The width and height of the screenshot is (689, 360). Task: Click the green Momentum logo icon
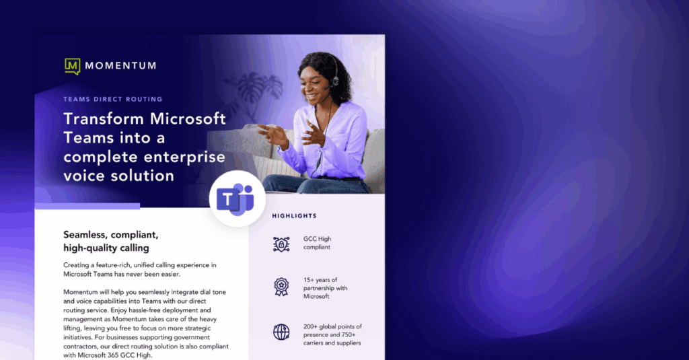(x=73, y=67)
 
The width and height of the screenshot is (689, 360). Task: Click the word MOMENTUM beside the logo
(x=121, y=66)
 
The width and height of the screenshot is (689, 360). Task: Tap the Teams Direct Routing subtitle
(x=113, y=100)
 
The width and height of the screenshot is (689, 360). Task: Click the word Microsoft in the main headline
(x=188, y=118)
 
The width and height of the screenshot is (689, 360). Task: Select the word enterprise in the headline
(x=184, y=157)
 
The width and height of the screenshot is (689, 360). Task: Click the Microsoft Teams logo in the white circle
(x=235, y=199)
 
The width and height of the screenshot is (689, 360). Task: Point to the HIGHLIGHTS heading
(x=295, y=216)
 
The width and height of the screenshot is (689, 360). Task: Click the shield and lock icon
(x=281, y=244)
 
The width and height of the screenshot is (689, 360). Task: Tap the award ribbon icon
(x=281, y=287)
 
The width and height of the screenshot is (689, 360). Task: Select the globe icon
(x=281, y=332)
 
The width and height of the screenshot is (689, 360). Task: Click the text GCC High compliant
(x=318, y=243)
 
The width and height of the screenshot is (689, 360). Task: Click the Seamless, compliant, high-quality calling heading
(x=111, y=242)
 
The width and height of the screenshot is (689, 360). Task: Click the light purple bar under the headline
(x=87, y=206)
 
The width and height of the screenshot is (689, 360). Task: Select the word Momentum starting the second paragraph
(x=81, y=292)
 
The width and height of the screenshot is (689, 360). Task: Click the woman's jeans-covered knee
(x=281, y=182)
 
